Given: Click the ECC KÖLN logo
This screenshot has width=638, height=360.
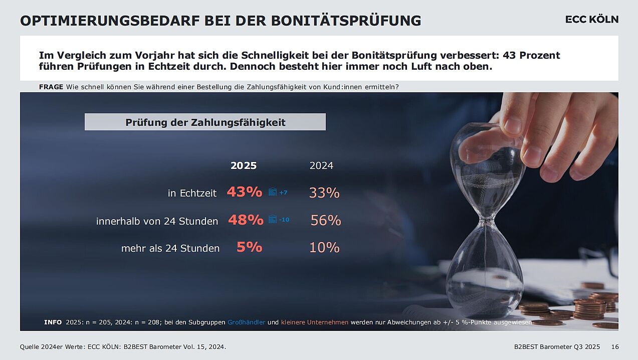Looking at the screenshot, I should pos(591,20).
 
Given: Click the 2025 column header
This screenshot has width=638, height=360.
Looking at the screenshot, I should pos(244,166).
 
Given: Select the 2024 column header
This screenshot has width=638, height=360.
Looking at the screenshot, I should pos(321,166).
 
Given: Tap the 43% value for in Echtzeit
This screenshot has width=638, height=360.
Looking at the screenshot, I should pos(245,192).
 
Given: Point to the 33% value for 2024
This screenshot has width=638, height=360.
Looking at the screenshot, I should pos(324,193).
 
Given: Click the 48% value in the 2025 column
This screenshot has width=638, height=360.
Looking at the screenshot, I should pos(246,220).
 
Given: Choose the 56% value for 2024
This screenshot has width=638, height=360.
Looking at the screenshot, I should pos(326,220).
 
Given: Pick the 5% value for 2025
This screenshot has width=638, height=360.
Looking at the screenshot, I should pos(249,247).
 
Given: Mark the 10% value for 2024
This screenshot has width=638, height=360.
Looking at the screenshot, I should pos(324,248).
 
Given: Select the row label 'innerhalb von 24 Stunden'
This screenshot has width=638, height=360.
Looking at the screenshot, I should pos(157,221).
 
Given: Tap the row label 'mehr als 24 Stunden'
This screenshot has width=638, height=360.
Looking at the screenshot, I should pos(170,248).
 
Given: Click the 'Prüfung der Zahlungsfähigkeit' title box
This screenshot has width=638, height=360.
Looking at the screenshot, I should pos(205,122).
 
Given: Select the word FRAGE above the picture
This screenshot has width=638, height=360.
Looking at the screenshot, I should pos(51,87).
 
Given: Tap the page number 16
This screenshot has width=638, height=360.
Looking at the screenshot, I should pos(615,347).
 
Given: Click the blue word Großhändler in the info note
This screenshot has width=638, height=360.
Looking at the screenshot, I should pos(246,322).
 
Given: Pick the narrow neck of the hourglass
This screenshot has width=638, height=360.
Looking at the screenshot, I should pos(485,220).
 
